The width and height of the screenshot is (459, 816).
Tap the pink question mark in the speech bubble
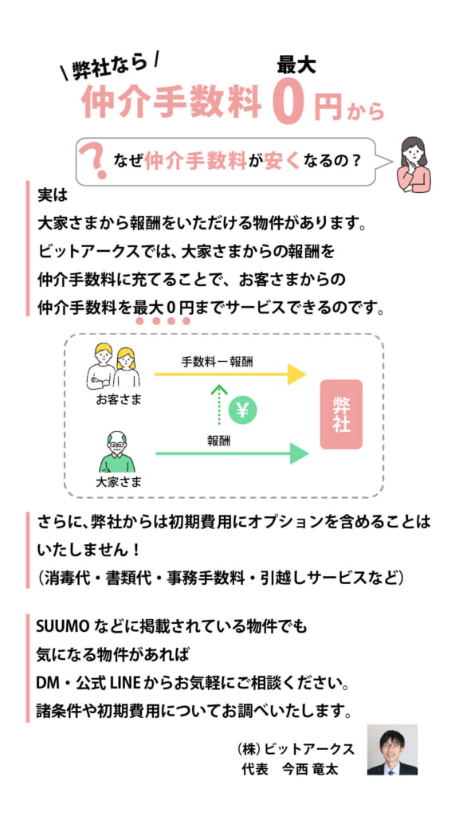coord(94,161)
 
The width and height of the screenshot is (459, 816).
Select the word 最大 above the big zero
coord(296,66)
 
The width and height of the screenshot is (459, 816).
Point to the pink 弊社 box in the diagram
coord(341,414)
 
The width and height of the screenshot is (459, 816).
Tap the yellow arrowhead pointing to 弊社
coord(296,375)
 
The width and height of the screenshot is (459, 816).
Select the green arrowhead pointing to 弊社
coord(299,453)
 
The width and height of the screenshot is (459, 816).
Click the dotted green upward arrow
coord(220,404)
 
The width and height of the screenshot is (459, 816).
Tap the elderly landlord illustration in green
coord(117,451)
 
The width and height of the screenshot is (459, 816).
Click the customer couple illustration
coord(114,367)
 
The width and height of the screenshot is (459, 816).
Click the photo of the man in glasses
coord(392,749)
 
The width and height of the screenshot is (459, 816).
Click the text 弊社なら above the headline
coord(110,66)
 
